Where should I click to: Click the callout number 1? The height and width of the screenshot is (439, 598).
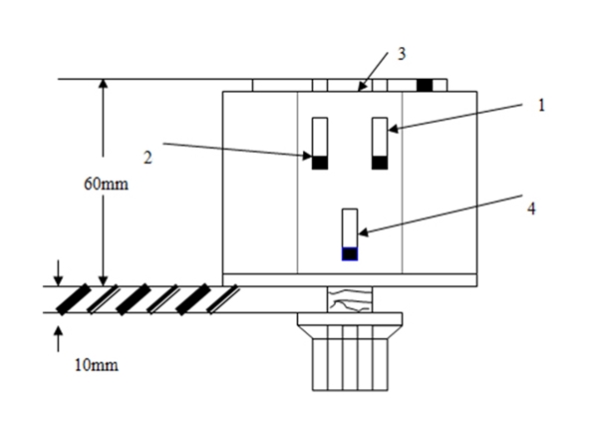click(x=543, y=104)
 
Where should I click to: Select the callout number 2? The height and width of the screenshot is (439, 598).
click(x=147, y=156)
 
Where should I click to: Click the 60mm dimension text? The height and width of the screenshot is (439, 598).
click(x=109, y=185)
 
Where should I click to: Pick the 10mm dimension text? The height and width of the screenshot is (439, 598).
click(x=97, y=364)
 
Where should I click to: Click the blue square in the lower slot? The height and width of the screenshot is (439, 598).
click(x=349, y=253)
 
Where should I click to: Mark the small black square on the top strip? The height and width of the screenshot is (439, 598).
click(x=425, y=85)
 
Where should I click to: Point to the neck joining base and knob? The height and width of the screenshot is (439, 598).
click(x=349, y=298)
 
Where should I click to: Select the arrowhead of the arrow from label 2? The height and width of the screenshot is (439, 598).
click(x=310, y=156)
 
